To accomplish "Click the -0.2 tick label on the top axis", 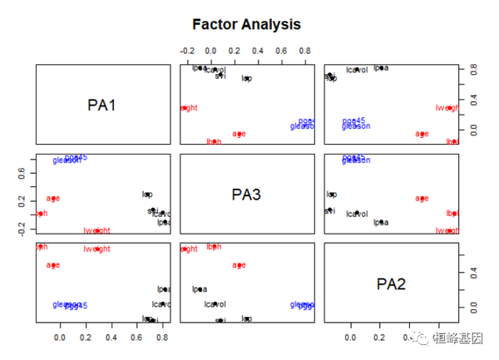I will [188, 50].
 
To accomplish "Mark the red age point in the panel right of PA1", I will [239, 134].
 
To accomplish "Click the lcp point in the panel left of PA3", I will [148, 195].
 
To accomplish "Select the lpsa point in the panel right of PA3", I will [381, 222].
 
